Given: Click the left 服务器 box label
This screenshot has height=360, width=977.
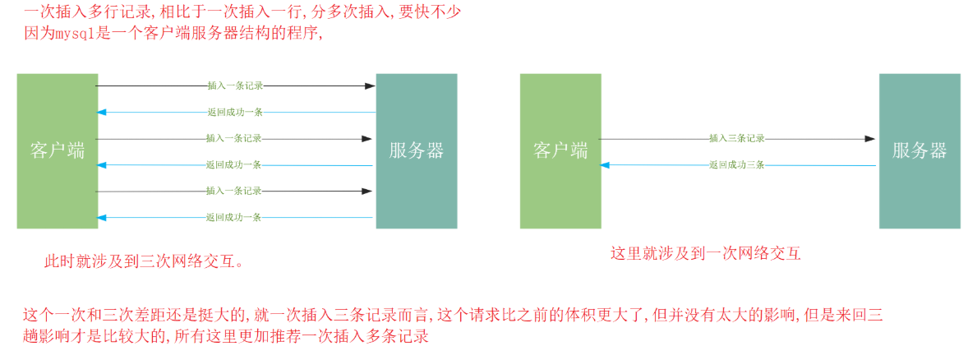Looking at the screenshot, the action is coord(417,150).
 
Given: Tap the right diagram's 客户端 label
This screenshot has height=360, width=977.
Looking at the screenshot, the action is coord(560,150).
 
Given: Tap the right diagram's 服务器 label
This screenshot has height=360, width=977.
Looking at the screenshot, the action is coord(919,150).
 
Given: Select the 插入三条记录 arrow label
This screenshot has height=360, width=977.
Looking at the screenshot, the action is coord(737,139).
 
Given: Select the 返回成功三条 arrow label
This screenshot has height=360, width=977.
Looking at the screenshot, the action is coord(737,165).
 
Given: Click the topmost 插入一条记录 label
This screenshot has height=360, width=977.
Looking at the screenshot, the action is coord(234,85).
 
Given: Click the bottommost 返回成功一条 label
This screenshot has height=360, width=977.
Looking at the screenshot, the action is coord(234,218).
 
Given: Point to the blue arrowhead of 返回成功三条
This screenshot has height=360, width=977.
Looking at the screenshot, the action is coord(606,165).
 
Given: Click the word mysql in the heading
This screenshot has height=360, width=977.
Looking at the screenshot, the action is coord(74,35).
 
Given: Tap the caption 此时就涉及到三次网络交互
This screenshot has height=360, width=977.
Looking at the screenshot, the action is coord(144,262).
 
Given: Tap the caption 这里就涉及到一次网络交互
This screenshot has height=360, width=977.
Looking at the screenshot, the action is coord(705,253).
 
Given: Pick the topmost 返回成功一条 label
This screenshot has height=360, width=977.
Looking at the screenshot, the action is coord(234,112).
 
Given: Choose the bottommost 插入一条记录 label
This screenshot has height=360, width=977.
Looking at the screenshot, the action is coord(234,191).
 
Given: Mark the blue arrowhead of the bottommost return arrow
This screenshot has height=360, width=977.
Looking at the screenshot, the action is coord(101,218).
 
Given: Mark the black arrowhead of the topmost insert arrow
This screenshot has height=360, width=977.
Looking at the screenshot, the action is coord(370,85).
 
